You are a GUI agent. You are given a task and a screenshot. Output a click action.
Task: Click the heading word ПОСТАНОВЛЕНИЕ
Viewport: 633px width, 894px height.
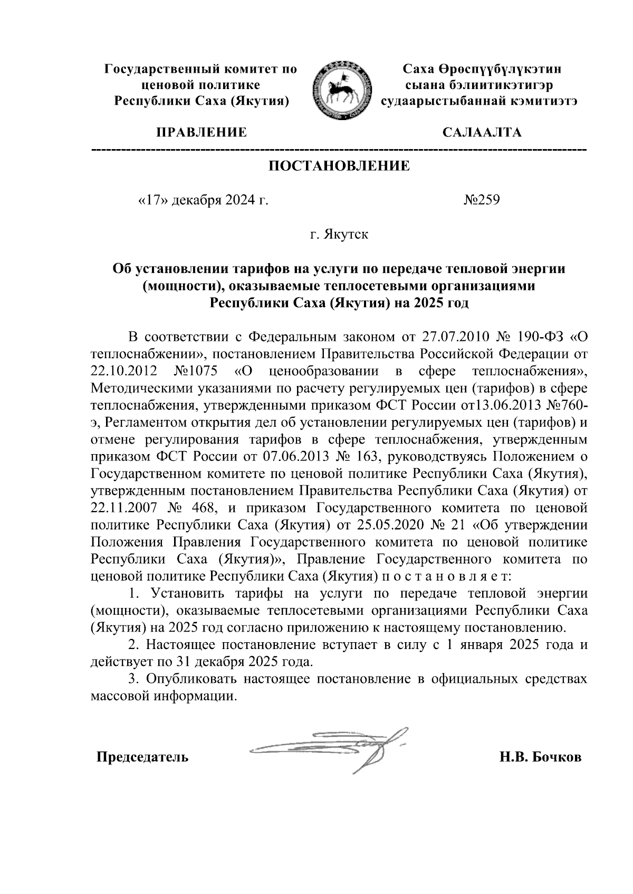point(340,166)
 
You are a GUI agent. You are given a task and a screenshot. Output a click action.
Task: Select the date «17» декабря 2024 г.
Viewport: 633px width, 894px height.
point(203,200)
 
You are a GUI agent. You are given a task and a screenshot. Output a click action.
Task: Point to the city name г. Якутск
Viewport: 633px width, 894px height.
point(340,234)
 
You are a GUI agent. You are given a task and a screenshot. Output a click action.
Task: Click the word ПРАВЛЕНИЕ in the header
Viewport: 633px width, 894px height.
point(200,132)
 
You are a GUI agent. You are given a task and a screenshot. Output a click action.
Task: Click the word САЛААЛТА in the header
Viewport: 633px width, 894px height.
point(482,132)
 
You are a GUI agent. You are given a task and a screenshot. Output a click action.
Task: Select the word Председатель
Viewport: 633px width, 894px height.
point(141,758)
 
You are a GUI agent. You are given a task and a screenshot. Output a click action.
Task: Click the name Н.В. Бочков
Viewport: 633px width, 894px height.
point(541,758)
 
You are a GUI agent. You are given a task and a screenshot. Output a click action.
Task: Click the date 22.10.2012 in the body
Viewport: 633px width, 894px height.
point(124,371)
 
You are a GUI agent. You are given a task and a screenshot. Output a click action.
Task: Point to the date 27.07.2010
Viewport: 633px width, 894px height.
point(456,337)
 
